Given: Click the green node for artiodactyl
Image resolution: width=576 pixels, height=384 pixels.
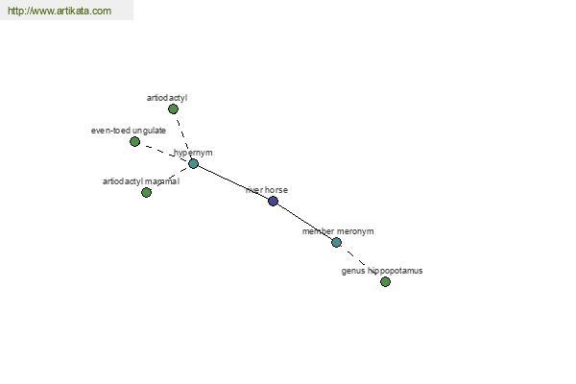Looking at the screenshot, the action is tap(173, 109).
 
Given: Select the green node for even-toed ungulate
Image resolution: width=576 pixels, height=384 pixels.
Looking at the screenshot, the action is tap(134, 141).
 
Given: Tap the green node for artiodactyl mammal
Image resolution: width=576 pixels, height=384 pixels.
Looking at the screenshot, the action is tap(146, 192).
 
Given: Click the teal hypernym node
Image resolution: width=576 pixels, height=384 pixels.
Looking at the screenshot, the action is tap(193, 164).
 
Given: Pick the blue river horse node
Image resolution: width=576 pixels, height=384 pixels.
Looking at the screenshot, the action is tap(273, 201).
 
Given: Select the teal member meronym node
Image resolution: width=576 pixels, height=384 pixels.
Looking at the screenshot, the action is tap(337, 243).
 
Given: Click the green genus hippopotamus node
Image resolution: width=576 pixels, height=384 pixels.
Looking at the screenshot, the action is tap(385, 282).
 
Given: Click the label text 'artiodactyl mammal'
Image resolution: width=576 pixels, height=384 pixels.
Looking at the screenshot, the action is tap(141, 181).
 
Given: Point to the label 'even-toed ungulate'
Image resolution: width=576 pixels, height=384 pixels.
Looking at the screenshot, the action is tap(129, 131).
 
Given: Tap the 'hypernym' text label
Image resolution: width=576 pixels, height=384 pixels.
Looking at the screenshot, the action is tap(193, 153).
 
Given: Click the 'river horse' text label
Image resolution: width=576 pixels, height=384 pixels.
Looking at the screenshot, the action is tap(267, 190).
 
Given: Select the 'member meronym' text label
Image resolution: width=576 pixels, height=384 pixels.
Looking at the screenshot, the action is tap(338, 231).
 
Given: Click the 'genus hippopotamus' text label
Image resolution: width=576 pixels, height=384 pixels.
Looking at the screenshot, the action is tap(382, 271).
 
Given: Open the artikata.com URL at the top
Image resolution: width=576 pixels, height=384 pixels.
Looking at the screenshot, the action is tap(60, 11).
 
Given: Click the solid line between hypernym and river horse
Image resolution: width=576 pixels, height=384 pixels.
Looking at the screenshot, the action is tap(233, 182).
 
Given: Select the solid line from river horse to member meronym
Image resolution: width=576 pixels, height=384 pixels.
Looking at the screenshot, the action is tap(305, 222).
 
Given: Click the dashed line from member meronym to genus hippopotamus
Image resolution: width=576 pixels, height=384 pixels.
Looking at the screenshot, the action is tap(356, 257).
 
